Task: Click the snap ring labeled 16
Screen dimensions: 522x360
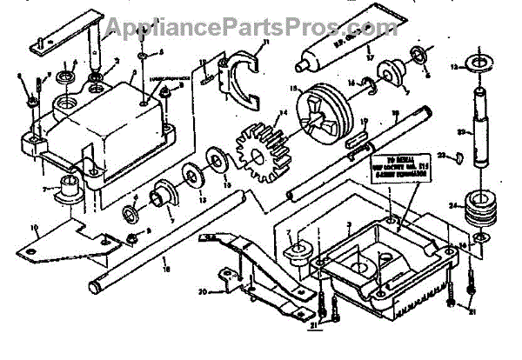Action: tap(372, 85)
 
